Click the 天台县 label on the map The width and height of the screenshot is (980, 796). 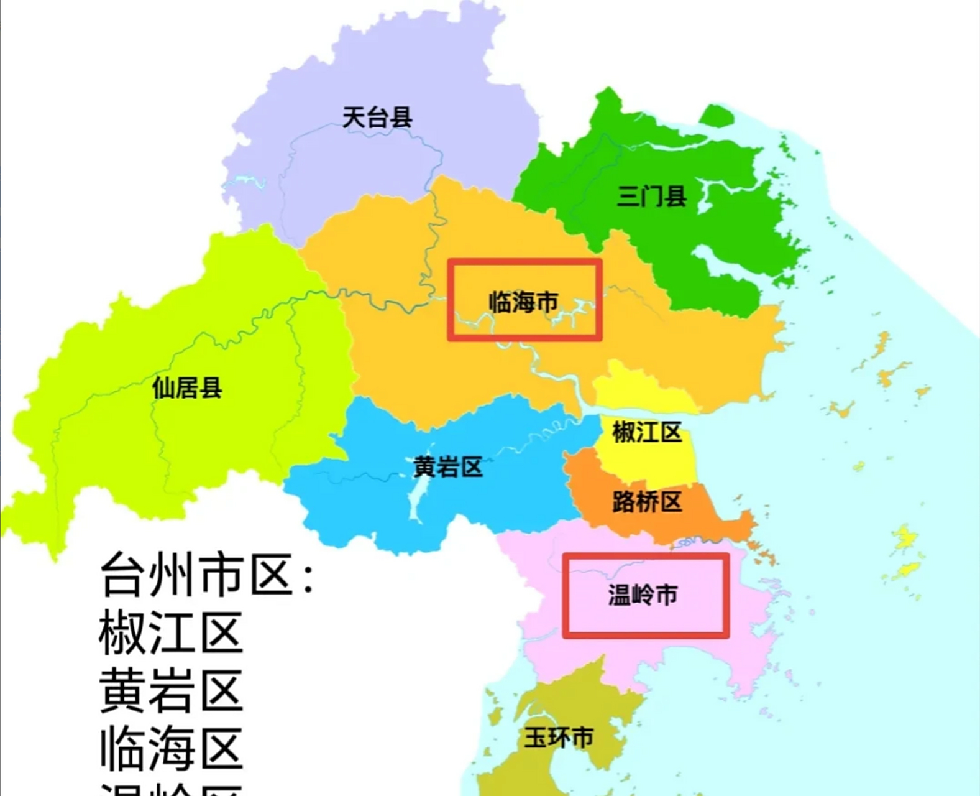point(377,117)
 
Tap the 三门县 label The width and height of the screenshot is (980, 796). point(651,196)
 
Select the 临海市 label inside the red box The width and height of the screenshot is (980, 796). point(523,302)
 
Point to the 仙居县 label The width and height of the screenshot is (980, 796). point(187,388)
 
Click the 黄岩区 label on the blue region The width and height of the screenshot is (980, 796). point(447,466)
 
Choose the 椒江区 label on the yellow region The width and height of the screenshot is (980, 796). point(647,432)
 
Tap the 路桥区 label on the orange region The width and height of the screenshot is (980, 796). point(647,501)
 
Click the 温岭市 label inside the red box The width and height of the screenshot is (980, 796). point(643,595)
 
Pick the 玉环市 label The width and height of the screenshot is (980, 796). point(558,738)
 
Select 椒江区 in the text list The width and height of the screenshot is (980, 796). point(170,633)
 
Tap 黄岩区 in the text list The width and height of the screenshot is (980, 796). point(170,690)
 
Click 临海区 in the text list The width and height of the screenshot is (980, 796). point(170,748)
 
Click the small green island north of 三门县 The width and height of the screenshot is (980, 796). point(717,115)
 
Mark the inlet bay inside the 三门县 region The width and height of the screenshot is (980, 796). point(715,261)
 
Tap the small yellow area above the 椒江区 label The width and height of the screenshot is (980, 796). point(634,386)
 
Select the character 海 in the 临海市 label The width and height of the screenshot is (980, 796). point(523,302)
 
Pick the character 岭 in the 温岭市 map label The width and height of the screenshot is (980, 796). point(643,595)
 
